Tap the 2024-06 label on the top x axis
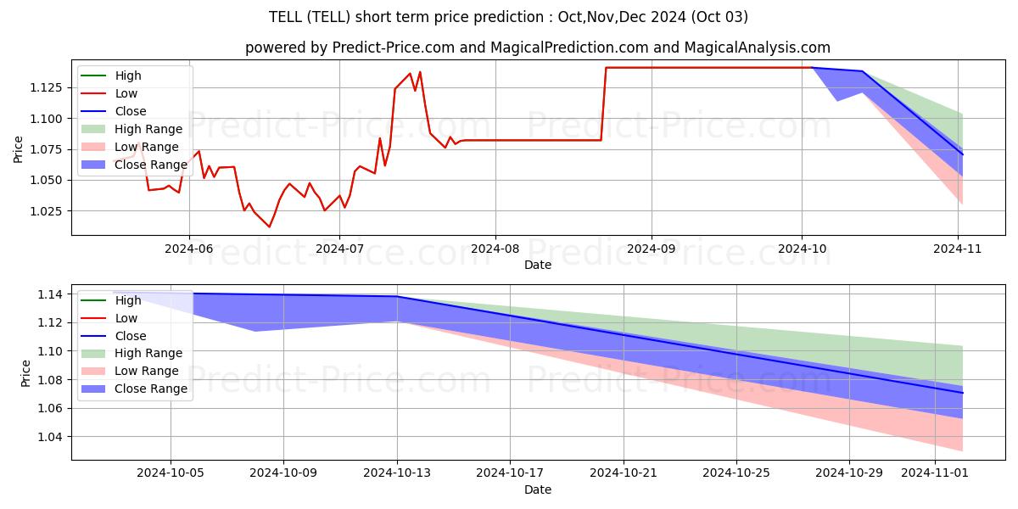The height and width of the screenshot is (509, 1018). click(x=188, y=249)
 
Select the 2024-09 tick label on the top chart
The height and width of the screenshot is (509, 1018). click(x=652, y=249)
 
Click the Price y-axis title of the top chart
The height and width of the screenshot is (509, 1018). click(x=19, y=149)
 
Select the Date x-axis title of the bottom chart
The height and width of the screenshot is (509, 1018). click(x=538, y=489)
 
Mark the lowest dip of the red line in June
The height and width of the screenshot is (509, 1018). click(x=269, y=227)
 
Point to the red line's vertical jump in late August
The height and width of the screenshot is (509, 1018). click(x=604, y=103)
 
